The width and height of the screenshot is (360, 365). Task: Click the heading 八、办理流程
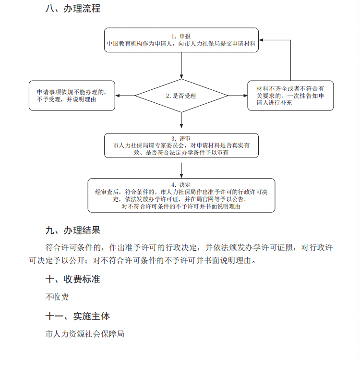pos(72,9)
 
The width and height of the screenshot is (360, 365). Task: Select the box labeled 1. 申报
pos(181,40)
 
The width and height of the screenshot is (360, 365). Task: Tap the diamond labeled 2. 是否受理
pos(181,96)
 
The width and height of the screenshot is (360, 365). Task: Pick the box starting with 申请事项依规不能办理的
pos(72,96)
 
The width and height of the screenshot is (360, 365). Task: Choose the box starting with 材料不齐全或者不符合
pos(290,96)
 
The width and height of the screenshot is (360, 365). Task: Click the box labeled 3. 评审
pos(181,145)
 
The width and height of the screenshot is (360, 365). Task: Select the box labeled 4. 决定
pos(181,195)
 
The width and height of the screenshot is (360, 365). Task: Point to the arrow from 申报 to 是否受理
pos(181,65)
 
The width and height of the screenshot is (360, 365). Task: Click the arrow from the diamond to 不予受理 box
pos(125,96)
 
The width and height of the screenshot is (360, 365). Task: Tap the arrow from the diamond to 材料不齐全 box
pos(238,96)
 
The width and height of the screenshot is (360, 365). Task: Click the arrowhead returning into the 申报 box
pos(263,40)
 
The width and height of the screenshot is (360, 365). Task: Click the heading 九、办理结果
pos(72,231)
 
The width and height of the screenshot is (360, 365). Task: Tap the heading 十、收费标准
pos(72,280)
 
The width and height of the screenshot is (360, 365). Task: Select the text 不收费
pos(57,297)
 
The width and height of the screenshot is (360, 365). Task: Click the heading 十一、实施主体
pos(77,316)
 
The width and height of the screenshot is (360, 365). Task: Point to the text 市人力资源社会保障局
pos(85,333)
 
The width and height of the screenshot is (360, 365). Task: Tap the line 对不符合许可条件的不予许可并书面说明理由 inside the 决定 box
pos(181,206)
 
